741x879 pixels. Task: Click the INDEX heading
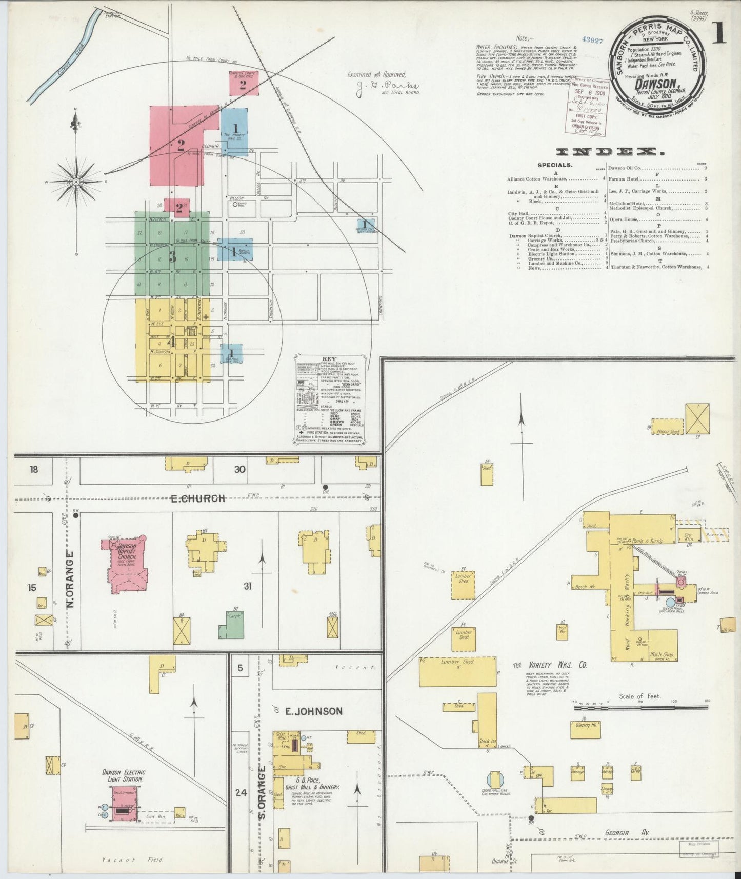[607, 152]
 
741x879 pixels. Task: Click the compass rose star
[76, 182]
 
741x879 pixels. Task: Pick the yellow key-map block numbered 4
[172, 341]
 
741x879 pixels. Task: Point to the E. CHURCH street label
[197, 498]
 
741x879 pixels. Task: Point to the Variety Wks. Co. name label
[550, 665]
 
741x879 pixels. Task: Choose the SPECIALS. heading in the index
[554, 165]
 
